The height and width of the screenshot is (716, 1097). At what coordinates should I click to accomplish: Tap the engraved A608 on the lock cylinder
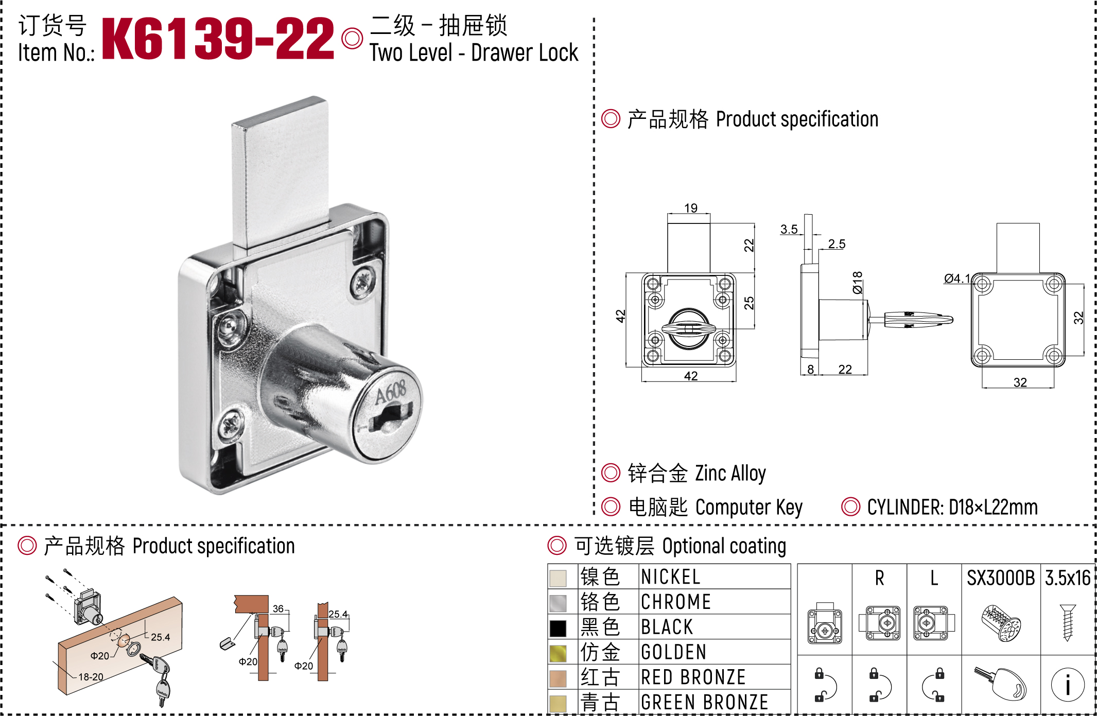[x=391, y=392]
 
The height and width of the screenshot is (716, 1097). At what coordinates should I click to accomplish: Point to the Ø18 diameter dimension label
[x=857, y=283]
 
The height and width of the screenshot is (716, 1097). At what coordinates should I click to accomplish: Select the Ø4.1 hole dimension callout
[x=957, y=278]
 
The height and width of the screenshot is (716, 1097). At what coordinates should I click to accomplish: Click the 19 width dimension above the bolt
[x=691, y=207]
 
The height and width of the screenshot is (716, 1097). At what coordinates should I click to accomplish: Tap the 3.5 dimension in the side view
[x=789, y=229]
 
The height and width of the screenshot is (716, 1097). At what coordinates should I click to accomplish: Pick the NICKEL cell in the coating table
[x=671, y=577]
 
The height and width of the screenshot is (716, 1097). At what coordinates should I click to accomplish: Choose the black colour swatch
[x=558, y=628]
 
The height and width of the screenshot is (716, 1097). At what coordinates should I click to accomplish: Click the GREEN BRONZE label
[x=705, y=702]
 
